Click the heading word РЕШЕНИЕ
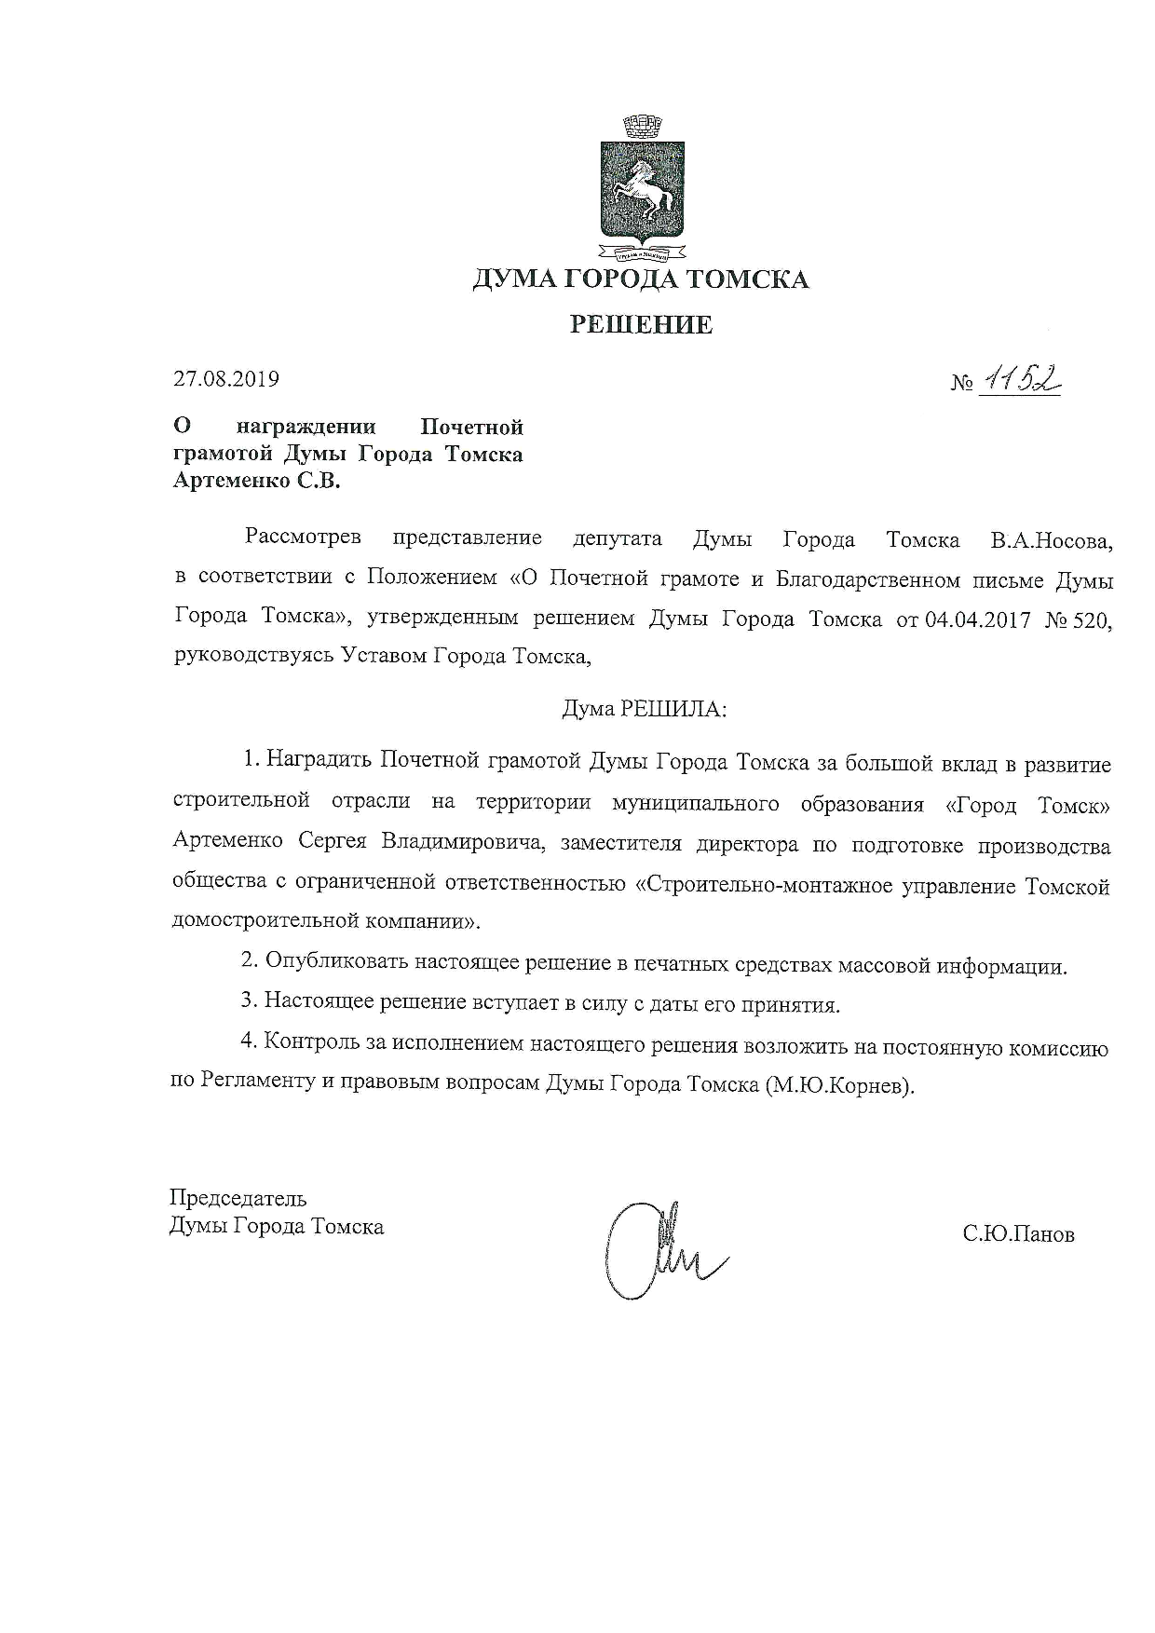coord(641,325)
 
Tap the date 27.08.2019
coord(226,379)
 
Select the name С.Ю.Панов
coord(1019,1235)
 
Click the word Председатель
coord(238,1198)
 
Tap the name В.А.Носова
coord(1051,540)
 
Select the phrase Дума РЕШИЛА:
coord(644,709)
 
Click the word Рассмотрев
coord(303,538)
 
